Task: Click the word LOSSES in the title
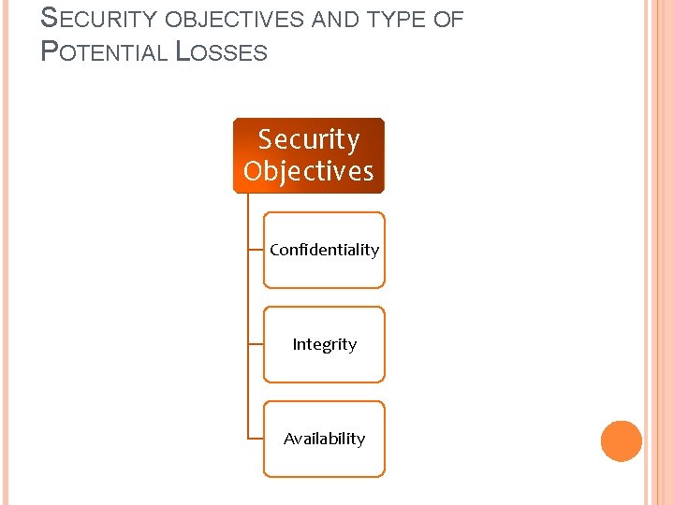[x=222, y=51]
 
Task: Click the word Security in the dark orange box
[x=308, y=139]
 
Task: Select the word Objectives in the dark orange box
[x=308, y=171]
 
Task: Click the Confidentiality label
[x=324, y=250]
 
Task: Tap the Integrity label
[x=324, y=344]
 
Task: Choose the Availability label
[x=324, y=439]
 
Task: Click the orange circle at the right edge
[x=621, y=441]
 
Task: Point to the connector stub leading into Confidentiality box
[x=256, y=250]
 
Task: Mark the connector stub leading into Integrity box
[x=256, y=344]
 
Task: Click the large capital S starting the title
[x=50, y=19]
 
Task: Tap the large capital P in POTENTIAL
[x=50, y=50]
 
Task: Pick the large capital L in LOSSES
[x=183, y=50]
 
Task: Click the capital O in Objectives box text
[x=253, y=171]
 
